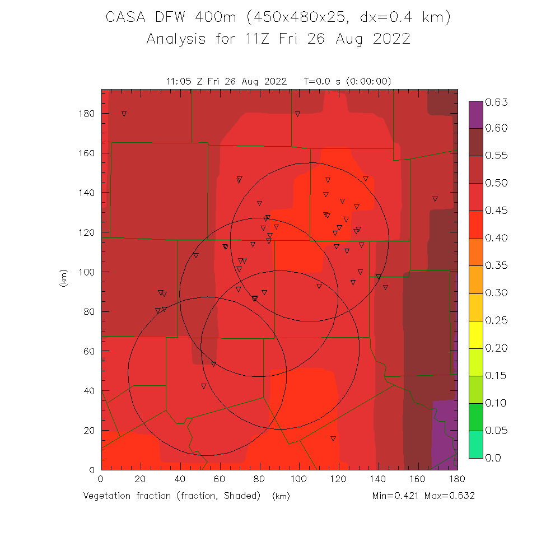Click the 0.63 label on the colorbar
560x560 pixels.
click(496, 102)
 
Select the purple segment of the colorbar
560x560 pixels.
click(475, 114)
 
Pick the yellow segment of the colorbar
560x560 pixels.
click(475, 334)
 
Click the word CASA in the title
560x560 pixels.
click(125, 18)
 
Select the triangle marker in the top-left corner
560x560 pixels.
click(124, 114)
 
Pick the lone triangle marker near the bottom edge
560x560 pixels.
click(333, 438)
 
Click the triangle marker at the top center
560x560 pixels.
click(297, 114)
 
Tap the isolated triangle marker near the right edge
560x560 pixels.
click(435, 199)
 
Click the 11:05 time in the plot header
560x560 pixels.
click(179, 81)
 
